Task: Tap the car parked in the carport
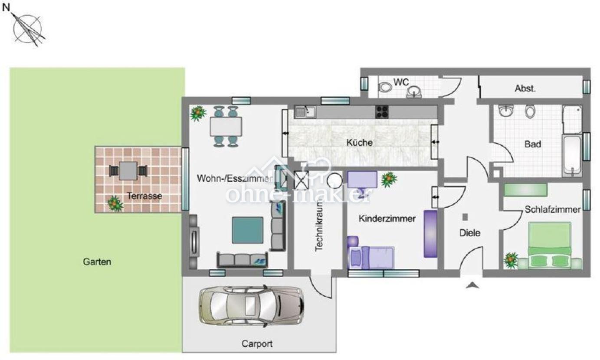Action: pos(252,306)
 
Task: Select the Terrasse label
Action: pos(144,196)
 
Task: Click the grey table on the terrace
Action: pos(128,171)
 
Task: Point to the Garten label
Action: pos(97,262)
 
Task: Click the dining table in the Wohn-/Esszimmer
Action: pos(226,126)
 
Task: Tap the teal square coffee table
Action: pos(247,230)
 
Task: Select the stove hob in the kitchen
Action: pos(382,112)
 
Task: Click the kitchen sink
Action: pos(305,112)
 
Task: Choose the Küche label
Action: pos(359,143)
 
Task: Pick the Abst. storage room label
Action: pos(525,88)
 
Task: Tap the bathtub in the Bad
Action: pos(572,155)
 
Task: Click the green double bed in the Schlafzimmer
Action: pos(550,245)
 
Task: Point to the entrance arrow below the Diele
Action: pos(472,285)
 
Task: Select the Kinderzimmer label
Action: pos(387,219)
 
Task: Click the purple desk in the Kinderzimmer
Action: pos(362,180)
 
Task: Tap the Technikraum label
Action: pos(319,226)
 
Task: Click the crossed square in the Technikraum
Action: pos(302,180)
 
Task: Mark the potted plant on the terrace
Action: pos(115,203)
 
